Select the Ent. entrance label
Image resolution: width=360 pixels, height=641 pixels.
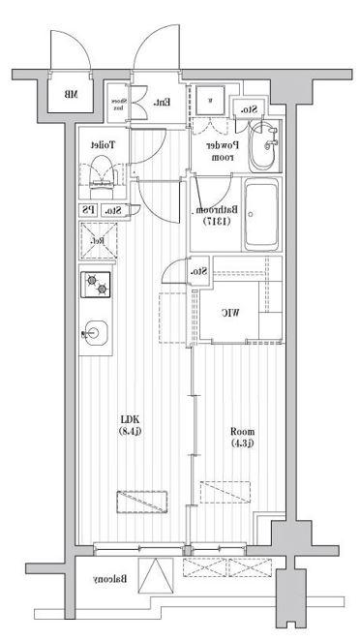click(163, 103)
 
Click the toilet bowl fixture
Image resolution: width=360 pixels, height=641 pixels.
click(100, 174)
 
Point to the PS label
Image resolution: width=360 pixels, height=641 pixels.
click(88, 210)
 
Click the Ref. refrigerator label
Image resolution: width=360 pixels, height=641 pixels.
click(97, 240)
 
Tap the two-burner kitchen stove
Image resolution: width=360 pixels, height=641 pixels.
click(97, 286)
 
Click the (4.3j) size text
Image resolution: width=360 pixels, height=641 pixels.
click(241, 444)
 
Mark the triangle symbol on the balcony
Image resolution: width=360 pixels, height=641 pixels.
click(155, 577)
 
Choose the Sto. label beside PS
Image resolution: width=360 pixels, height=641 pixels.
click(112, 210)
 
